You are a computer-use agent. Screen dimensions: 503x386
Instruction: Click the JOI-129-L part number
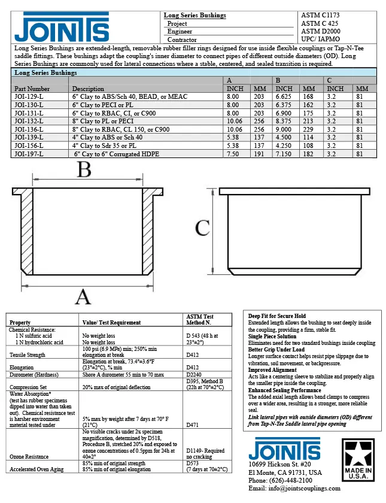[x=29, y=96]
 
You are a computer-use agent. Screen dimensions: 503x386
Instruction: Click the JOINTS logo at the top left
[x=63, y=28]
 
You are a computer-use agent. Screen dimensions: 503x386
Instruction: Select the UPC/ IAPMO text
[x=321, y=39]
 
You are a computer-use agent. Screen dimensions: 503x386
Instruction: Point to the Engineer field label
[x=180, y=31]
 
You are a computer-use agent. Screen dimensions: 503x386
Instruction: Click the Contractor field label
[x=182, y=40]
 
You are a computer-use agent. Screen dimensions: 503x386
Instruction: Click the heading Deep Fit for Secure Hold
[x=277, y=316]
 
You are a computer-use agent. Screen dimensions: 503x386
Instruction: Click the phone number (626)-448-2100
[x=280, y=480]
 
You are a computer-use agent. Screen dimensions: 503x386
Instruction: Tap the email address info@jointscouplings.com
[x=294, y=489]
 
